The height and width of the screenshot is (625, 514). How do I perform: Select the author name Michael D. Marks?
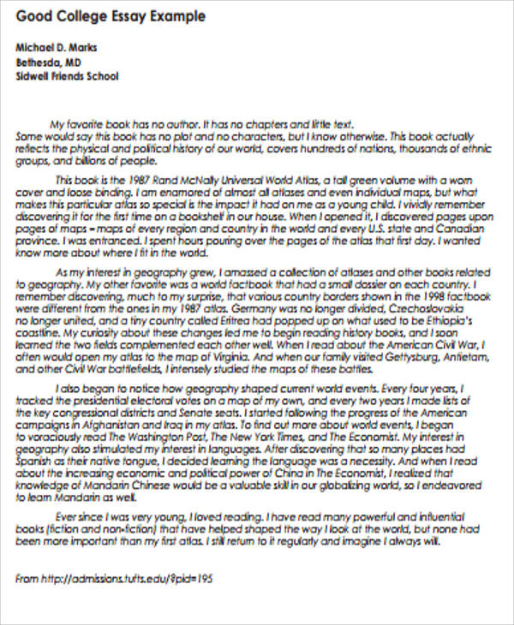pos(58,48)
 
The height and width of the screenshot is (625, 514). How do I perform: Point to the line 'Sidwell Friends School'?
pos(69,75)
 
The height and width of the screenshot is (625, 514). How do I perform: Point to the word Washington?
pos(219,434)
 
